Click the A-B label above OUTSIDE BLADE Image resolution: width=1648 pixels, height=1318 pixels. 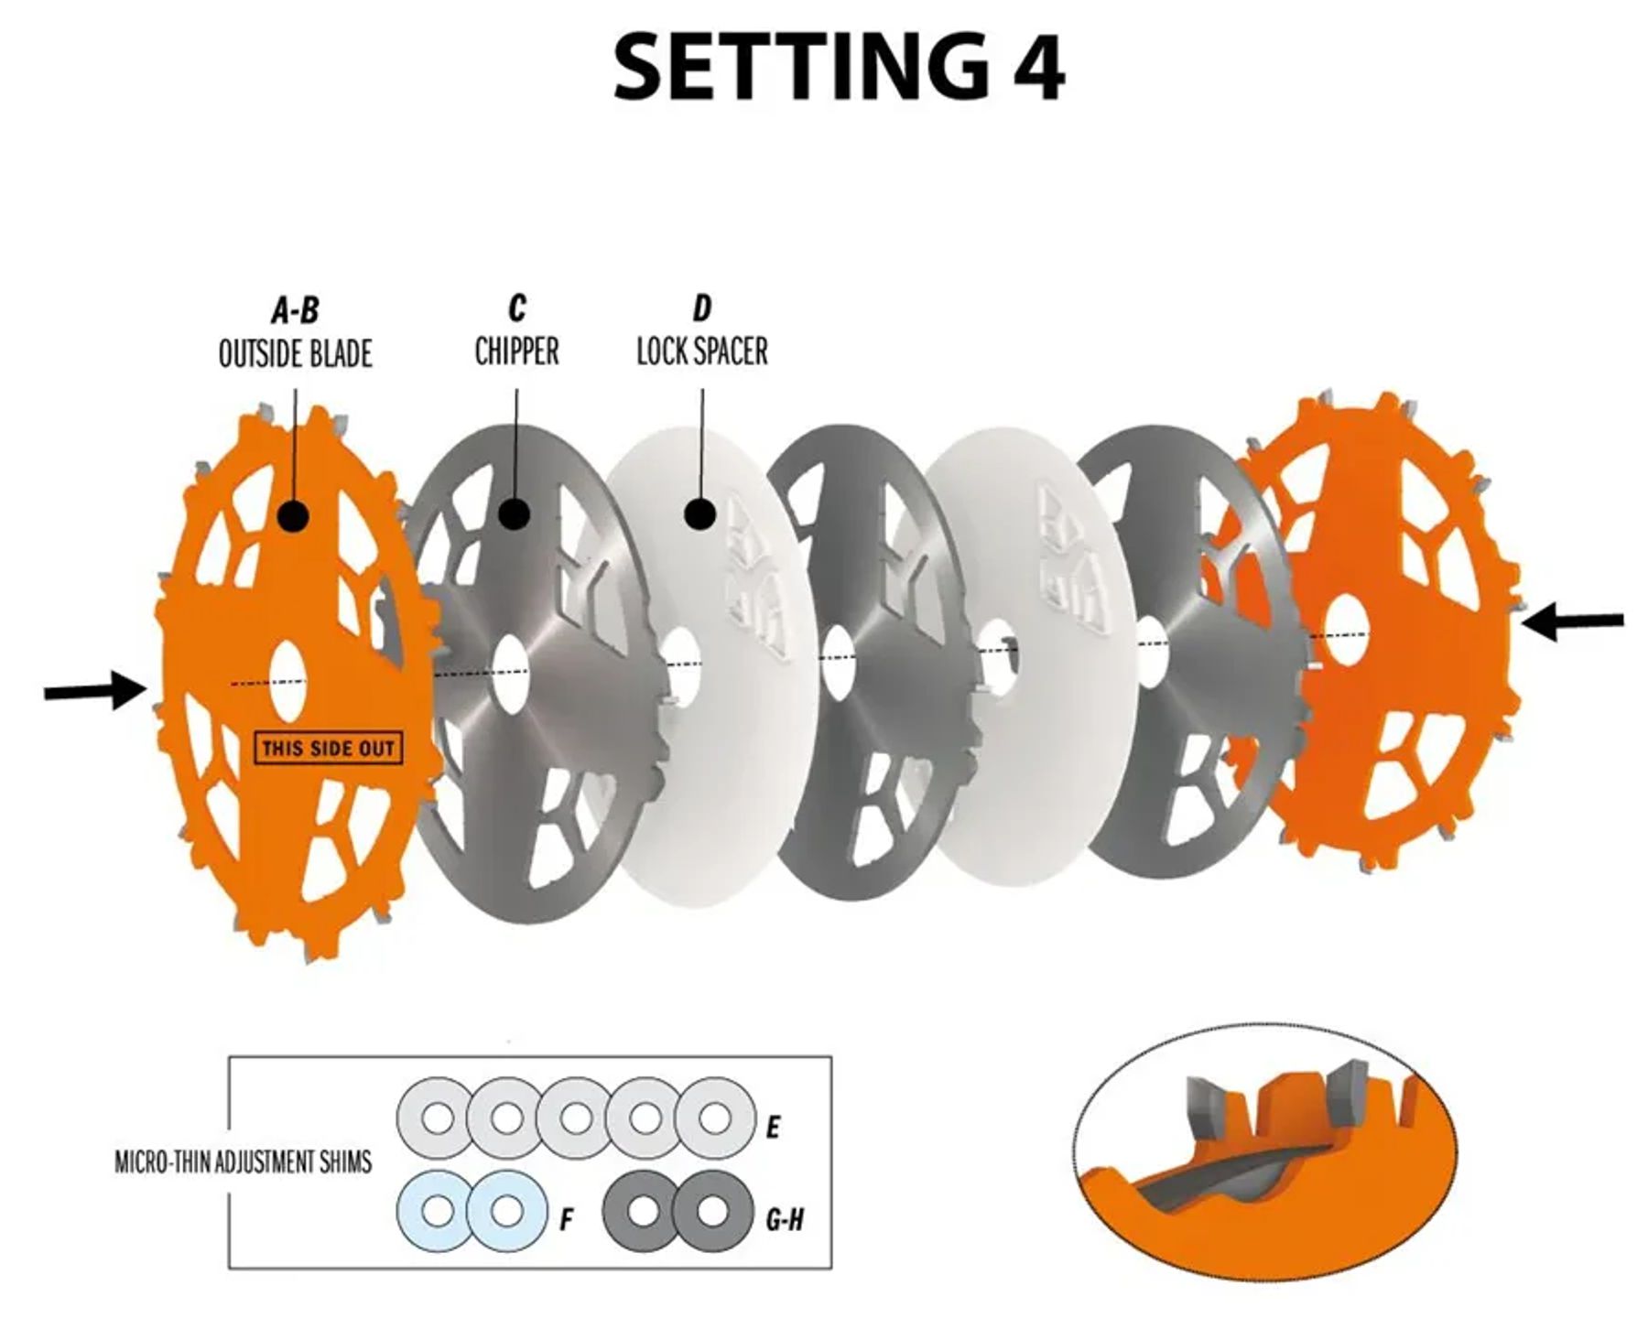pos(295,310)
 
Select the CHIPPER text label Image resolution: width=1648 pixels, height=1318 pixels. pos(516,351)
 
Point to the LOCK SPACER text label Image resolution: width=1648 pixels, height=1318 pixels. pos(702,351)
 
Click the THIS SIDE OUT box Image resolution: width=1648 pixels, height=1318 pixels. pos(328,749)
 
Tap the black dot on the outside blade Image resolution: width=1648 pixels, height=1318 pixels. pos(293,515)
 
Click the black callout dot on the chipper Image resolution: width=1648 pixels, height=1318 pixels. pos(515,513)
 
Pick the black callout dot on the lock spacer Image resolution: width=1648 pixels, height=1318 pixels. pos(700,513)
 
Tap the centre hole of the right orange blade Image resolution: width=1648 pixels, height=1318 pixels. pos(1346,629)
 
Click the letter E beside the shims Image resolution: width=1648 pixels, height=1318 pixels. pos(773,1128)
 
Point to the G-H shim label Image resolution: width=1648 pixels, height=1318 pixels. pos(785,1219)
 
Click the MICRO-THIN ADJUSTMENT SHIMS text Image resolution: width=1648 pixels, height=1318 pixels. pos(244,1162)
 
